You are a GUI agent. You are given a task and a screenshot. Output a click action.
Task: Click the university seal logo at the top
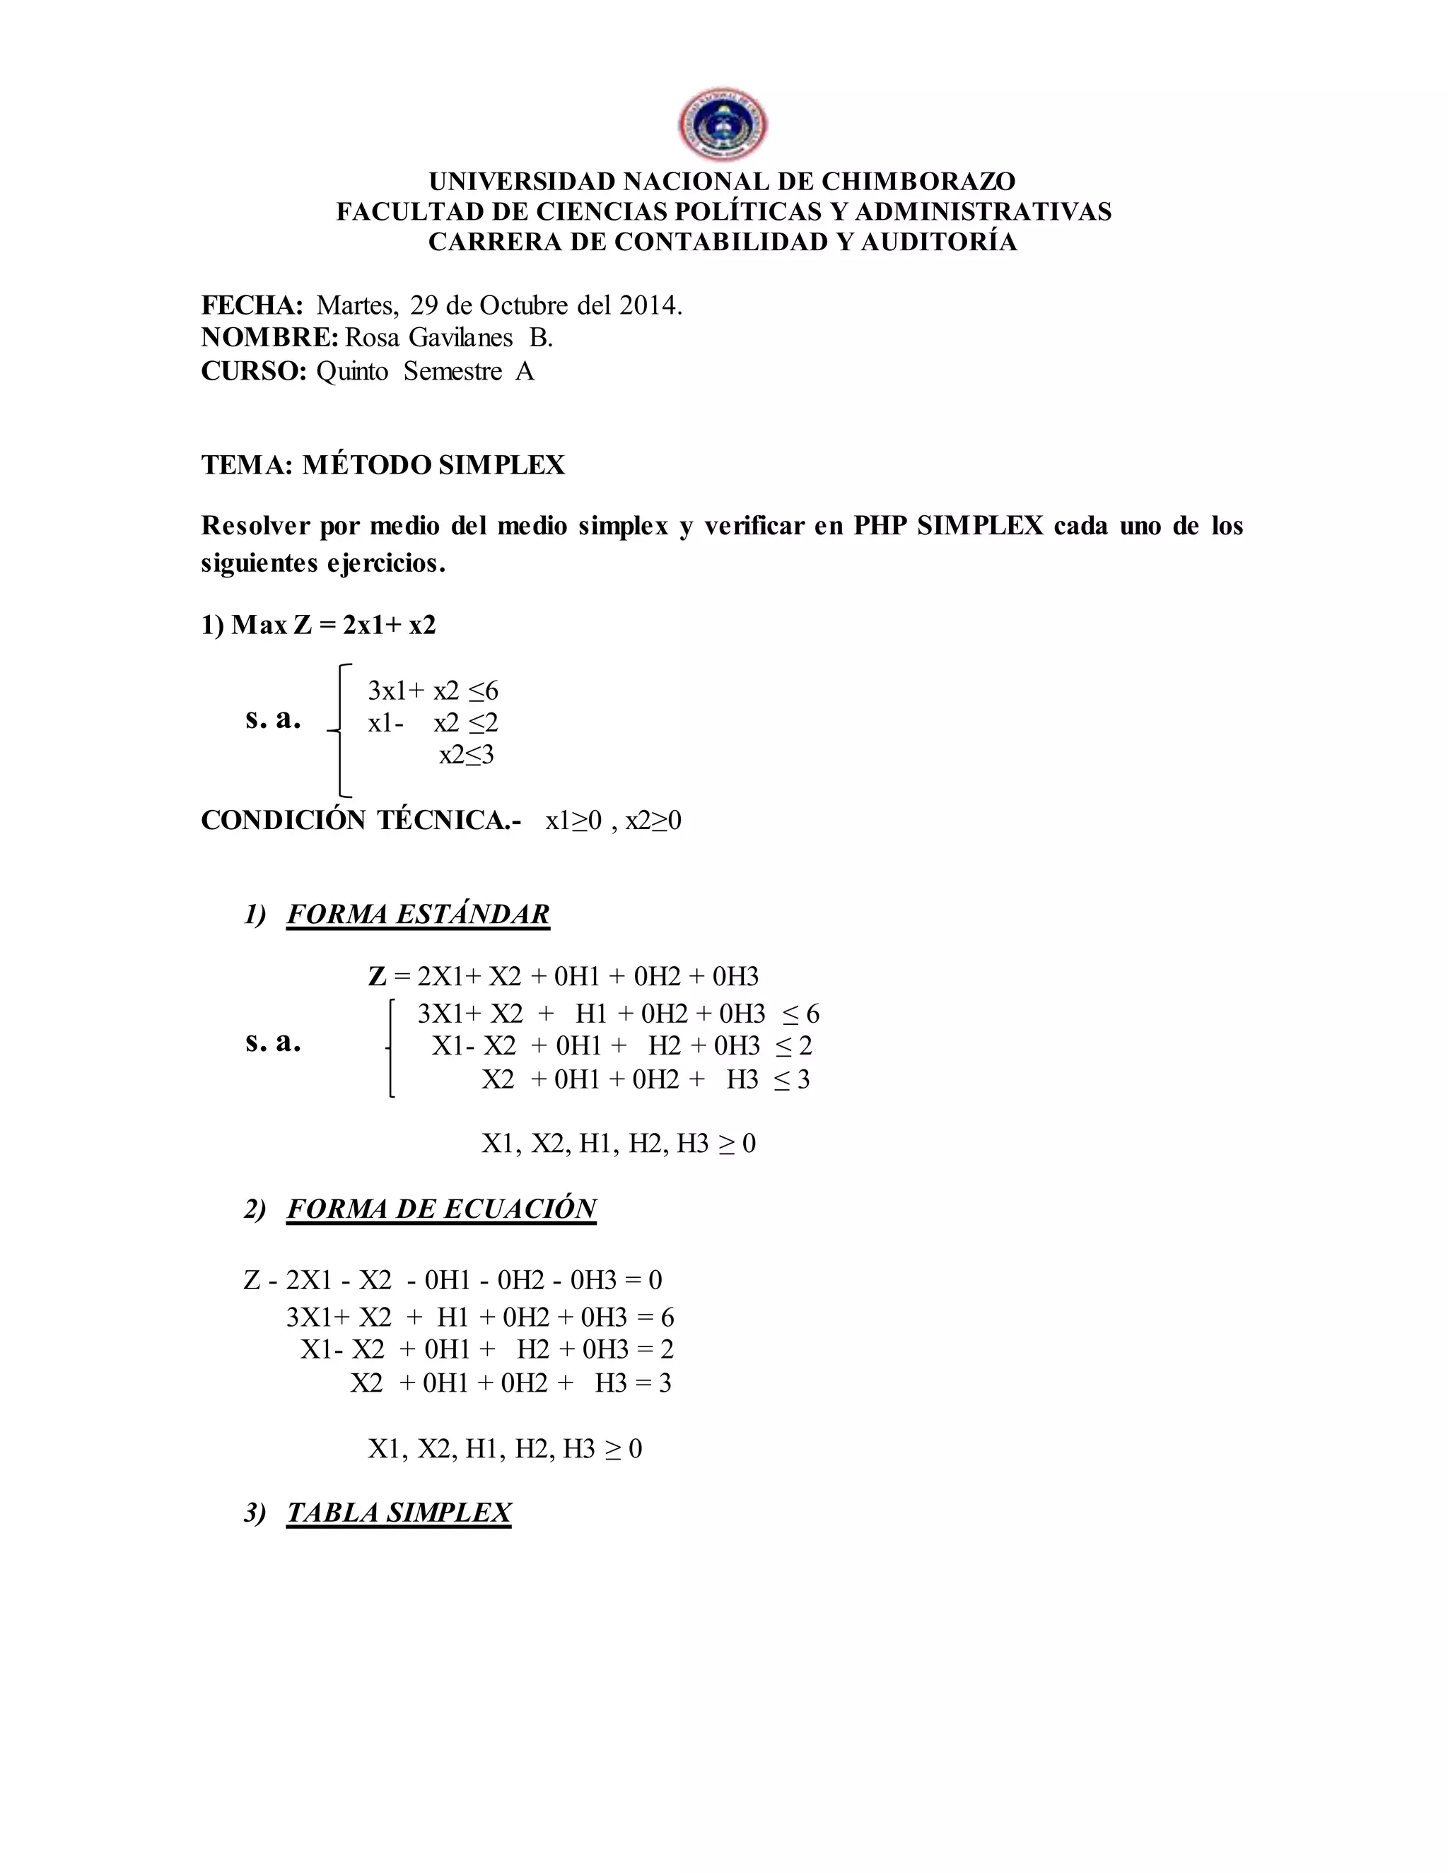723,125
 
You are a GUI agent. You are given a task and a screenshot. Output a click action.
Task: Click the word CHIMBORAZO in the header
918,182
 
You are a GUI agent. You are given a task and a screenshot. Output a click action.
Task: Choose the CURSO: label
254,371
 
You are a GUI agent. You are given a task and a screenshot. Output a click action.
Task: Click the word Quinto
351,371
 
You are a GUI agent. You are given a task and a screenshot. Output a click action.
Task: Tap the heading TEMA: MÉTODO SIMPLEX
383,465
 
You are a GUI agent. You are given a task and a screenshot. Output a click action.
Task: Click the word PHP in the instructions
880,526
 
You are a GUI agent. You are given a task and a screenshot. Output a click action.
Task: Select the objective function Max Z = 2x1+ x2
319,626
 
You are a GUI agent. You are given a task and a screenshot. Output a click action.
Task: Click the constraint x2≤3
467,755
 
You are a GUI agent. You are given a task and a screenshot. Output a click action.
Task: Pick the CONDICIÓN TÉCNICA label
361,821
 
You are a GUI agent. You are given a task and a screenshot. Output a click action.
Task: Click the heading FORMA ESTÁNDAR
418,914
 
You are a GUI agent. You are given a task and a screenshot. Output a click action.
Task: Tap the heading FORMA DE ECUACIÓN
441,1209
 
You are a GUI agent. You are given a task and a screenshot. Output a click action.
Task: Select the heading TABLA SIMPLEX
399,1513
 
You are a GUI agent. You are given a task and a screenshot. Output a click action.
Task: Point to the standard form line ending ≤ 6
618,1014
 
